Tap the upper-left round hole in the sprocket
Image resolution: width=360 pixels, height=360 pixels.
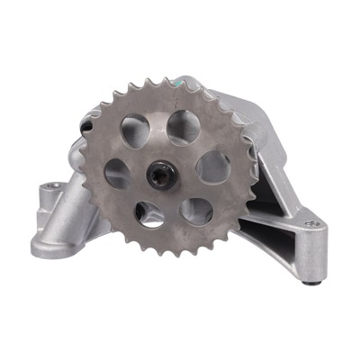tap(136, 131)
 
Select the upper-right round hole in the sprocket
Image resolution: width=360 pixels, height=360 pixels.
tap(184, 128)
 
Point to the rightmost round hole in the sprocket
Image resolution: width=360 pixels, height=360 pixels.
tap(212, 166)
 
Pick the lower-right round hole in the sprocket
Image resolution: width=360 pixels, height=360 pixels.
tap(196, 210)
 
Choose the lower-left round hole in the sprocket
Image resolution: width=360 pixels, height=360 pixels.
tap(150, 213)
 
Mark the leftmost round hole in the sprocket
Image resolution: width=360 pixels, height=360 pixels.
tap(118, 173)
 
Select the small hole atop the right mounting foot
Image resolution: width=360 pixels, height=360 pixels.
tap(311, 223)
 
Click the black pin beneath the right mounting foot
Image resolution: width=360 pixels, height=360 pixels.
tap(314, 283)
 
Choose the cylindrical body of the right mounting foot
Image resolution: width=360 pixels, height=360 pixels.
tap(310, 252)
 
